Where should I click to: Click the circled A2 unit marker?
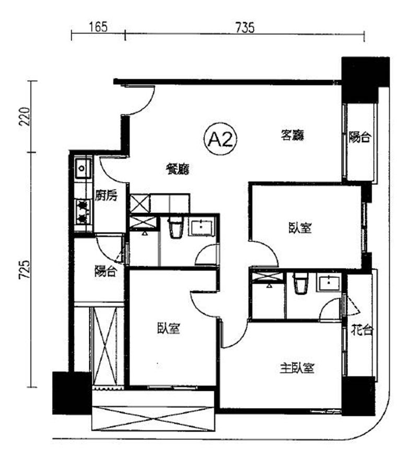(x=220, y=139)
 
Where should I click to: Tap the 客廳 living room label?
(x=292, y=135)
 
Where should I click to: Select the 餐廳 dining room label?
(x=178, y=169)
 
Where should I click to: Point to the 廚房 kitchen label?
(x=106, y=196)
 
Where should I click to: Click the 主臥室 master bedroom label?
(x=297, y=368)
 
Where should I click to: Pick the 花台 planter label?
(x=362, y=330)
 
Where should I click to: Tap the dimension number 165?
(x=98, y=27)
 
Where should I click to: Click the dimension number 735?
(x=245, y=28)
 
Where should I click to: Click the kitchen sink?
(x=83, y=168)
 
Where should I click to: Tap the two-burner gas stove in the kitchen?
(x=83, y=211)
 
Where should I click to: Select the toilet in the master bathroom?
(x=300, y=283)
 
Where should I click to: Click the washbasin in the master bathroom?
(x=328, y=283)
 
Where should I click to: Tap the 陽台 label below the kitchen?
(x=106, y=271)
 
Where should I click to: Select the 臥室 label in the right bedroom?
(x=300, y=228)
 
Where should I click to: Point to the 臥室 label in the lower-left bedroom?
(x=168, y=328)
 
